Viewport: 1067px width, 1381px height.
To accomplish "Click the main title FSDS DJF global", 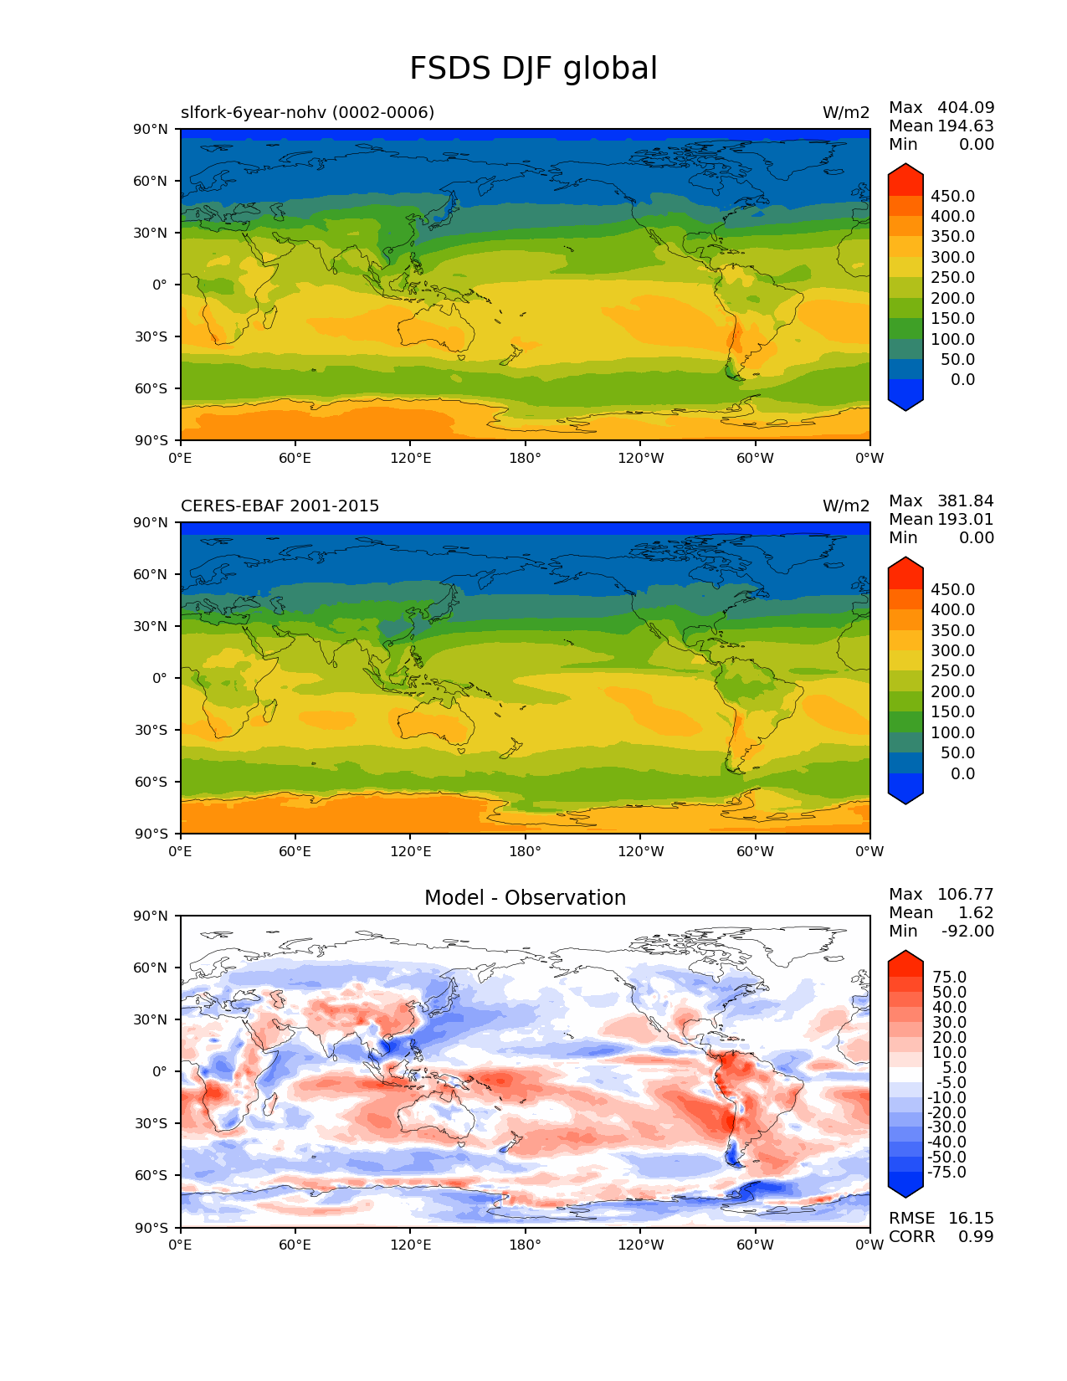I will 533,69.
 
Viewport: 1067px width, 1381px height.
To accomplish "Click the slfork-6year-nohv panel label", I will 307,112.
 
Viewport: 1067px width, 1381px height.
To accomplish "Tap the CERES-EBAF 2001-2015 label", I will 280,506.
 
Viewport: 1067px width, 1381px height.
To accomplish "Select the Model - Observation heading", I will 525,898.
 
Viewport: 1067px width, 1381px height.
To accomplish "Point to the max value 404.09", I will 966,107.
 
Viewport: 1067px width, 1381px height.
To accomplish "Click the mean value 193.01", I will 966,519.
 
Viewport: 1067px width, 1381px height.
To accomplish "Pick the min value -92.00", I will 967,931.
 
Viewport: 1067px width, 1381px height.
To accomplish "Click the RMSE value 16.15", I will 971,1218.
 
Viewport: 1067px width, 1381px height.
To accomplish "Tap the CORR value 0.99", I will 976,1236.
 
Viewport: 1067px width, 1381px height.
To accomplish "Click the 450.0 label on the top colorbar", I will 952,196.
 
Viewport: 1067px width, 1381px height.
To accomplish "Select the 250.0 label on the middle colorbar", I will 952,670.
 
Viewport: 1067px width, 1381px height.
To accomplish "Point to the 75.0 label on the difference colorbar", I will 949,977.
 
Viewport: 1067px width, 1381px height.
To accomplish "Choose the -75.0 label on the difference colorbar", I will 946,1172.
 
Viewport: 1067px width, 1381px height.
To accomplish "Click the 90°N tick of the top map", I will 156,129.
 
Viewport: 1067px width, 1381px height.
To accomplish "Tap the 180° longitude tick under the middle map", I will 525,851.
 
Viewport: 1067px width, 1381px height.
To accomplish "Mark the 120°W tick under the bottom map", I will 640,1245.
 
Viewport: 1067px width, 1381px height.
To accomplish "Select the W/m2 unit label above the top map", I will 845,112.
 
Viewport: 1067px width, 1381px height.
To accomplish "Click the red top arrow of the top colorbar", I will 905,177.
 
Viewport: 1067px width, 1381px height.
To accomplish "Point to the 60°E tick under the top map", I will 295,458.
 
